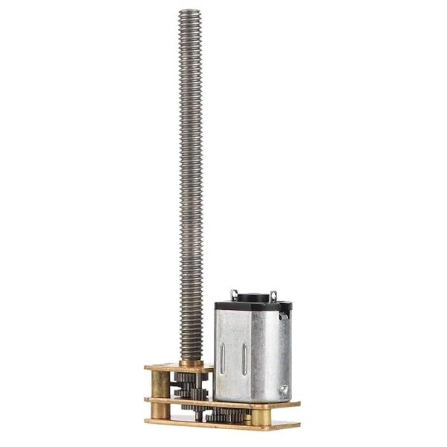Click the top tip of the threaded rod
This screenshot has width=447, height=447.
coord(190,12)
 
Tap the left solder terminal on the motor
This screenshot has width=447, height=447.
coord(234,294)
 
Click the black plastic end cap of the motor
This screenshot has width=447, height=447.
coord(253,298)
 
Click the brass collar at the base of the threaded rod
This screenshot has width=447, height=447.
coord(190,362)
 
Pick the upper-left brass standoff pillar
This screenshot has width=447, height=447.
coord(160,384)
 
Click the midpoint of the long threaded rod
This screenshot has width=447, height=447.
coord(190,186)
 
